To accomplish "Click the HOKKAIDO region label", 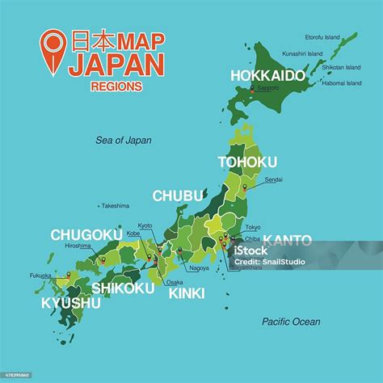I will [x=267, y=75].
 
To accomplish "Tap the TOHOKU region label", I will [x=247, y=162].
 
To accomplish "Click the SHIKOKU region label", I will [x=123, y=288].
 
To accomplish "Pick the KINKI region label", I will [x=186, y=293].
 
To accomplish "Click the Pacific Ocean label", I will [x=291, y=322].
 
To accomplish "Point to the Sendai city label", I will [x=274, y=179].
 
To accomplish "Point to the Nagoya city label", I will [x=198, y=267].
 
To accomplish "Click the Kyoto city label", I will [x=145, y=225].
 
